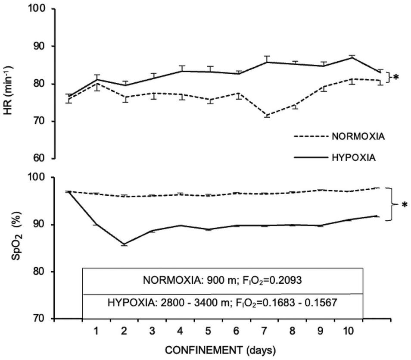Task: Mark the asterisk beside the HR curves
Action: coord(396,78)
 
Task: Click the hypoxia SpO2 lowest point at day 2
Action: coord(124,244)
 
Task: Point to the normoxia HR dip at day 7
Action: coord(265,116)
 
